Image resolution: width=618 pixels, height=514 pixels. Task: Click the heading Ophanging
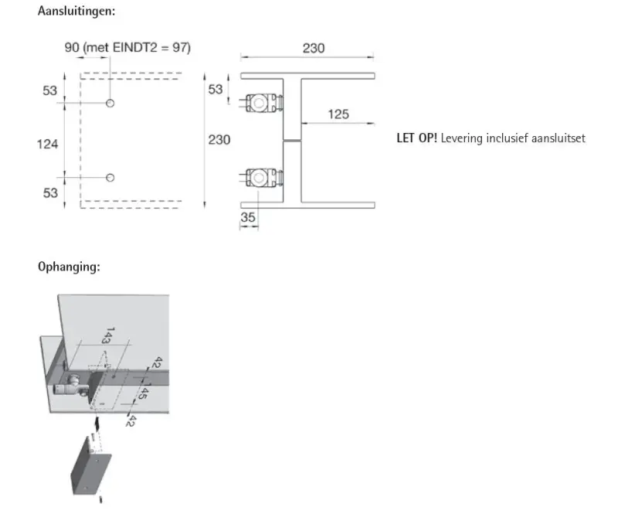69,267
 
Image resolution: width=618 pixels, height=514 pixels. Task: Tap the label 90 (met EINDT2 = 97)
127,48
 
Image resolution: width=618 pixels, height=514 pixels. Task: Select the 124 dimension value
49,144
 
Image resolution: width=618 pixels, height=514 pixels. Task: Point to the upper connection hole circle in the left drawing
110,104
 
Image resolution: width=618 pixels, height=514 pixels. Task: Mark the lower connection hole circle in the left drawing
110,178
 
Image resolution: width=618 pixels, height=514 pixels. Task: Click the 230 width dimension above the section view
313,48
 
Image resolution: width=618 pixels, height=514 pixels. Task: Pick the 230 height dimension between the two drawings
219,140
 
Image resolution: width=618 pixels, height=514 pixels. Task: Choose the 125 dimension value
338,114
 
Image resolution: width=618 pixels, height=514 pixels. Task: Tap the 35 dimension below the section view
248,217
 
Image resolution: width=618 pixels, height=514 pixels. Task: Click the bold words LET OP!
416,138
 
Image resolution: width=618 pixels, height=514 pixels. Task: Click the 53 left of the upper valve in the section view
216,90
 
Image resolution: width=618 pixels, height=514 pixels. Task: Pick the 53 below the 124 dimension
50,192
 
